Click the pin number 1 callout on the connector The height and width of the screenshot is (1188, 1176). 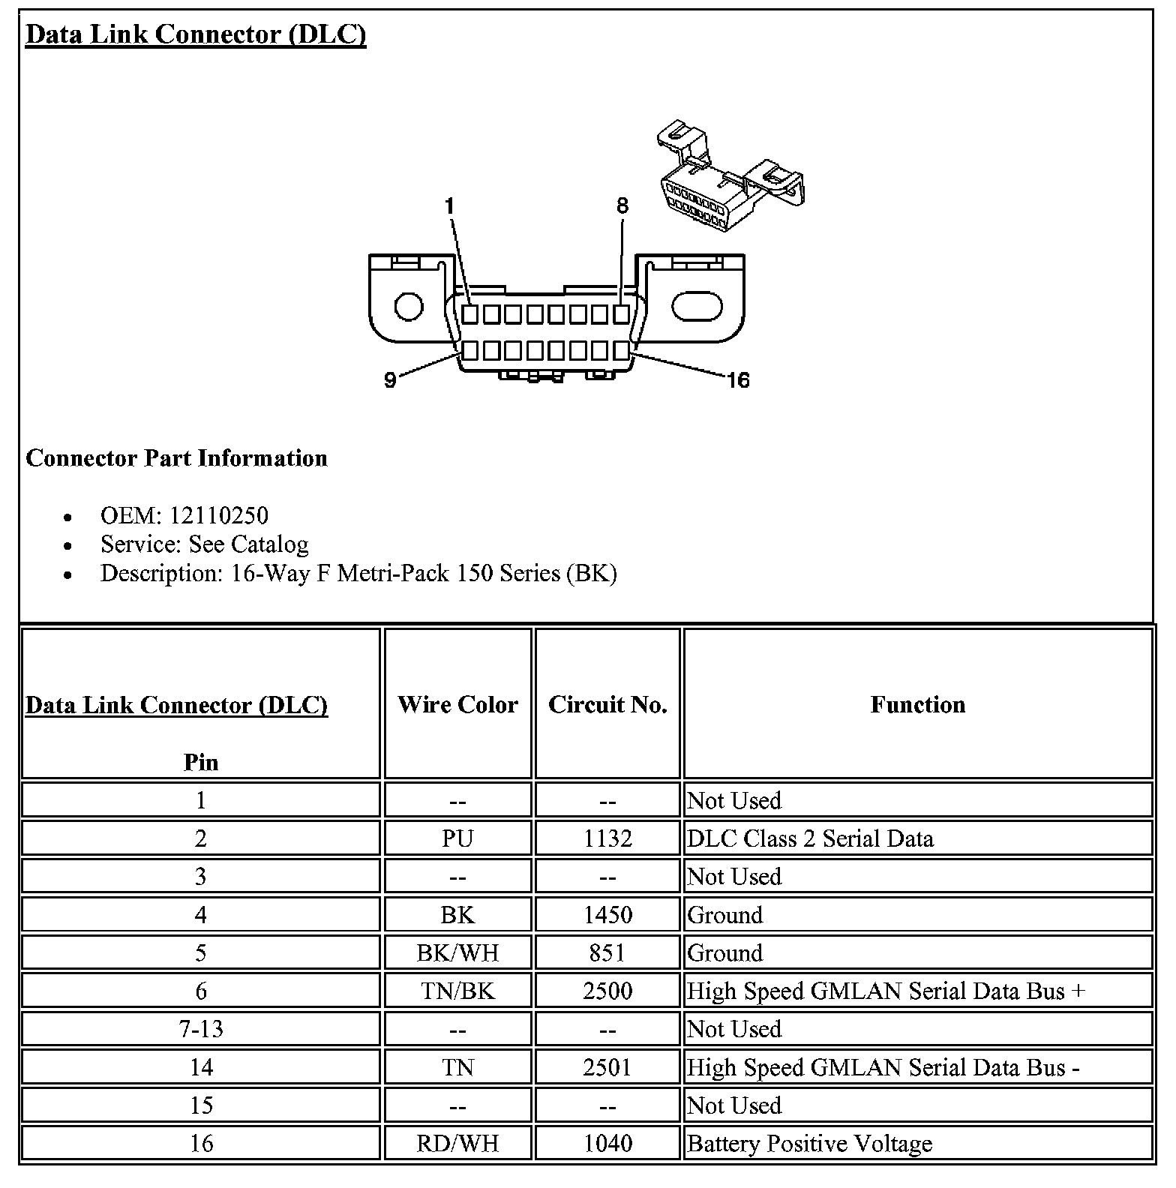pyautogui.click(x=449, y=206)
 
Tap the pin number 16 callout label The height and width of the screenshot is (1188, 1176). pyautogui.click(x=738, y=380)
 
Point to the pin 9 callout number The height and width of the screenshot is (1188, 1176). pyautogui.click(x=390, y=380)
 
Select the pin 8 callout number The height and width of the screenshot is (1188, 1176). pyautogui.click(x=622, y=206)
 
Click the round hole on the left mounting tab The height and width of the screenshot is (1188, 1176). pyautogui.click(x=409, y=307)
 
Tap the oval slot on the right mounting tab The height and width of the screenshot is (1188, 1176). pyautogui.click(x=697, y=306)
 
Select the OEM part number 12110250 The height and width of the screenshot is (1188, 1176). pyautogui.click(x=218, y=515)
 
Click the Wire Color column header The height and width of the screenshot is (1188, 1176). pyautogui.click(x=457, y=704)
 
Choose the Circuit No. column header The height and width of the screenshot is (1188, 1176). pyautogui.click(x=607, y=704)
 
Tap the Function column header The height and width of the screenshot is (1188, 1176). pyautogui.click(x=917, y=704)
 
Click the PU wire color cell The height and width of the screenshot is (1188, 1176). pyautogui.click(x=457, y=838)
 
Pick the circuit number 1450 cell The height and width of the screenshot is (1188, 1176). pyautogui.click(x=607, y=914)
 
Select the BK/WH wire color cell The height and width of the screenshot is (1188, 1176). pyautogui.click(x=457, y=952)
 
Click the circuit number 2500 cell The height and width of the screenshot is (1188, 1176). pyautogui.click(x=607, y=991)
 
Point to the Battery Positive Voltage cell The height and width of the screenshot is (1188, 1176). pyautogui.click(x=810, y=1143)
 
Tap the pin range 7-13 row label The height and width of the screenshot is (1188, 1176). pyautogui.click(x=201, y=1029)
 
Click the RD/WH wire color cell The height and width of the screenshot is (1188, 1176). pyautogui.click(x=457, y=1143)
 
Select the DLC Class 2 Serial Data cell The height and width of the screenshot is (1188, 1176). pyautogui.click(x=810, y=838)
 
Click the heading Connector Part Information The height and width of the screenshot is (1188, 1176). pyautogui.click(x=176, y=458)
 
